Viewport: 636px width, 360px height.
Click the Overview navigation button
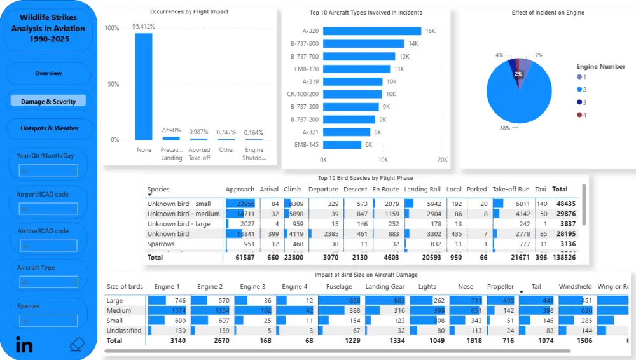coord(48,73)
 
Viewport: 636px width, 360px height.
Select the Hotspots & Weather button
coord(49,128)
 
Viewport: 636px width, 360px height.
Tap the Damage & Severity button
coord(48,101)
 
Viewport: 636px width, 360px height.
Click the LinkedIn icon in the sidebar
coord(24,345)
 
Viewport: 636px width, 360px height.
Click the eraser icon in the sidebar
coord(76,345)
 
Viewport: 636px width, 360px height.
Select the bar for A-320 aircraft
coord(372,31)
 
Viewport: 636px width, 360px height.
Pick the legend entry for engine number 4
coord(579,115)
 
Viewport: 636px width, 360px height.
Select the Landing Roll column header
coord(422,190)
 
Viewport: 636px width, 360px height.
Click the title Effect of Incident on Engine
coord(548,13)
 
